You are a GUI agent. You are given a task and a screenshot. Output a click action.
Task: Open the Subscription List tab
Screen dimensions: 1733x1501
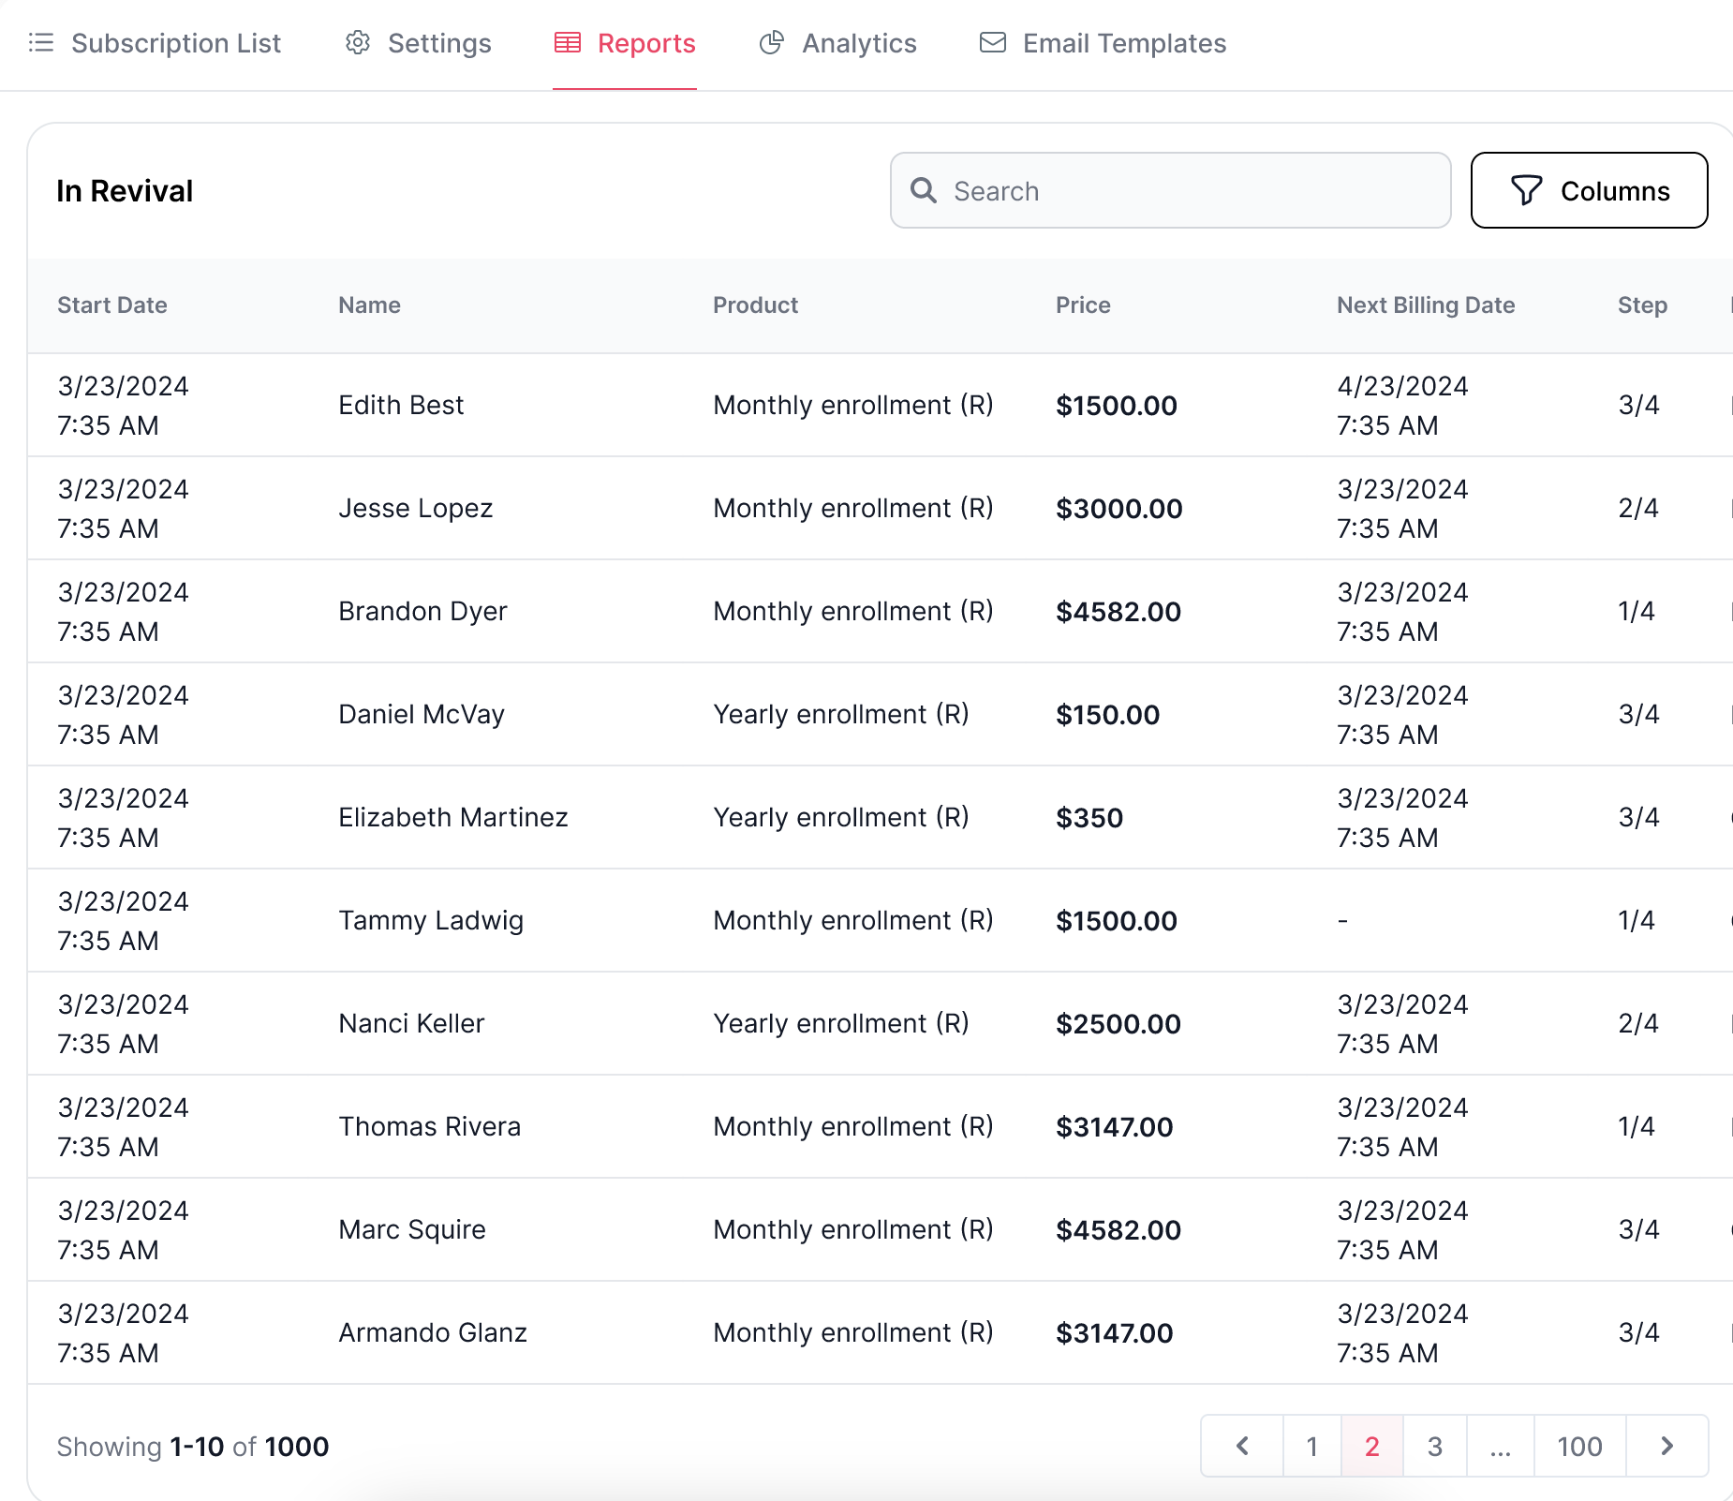click(156, 43)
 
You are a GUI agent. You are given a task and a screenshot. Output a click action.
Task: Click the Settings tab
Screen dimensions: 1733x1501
click(419, 43)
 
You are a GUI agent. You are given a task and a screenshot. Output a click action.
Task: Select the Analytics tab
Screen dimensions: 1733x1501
click(837, 43)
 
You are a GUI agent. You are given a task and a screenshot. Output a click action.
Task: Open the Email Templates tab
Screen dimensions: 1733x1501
click(1103, 43)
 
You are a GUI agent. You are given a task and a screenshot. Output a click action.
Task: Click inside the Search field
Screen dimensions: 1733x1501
click(1171, 190)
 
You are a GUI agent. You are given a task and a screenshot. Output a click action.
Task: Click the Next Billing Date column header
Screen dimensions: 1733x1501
click(1426, 305)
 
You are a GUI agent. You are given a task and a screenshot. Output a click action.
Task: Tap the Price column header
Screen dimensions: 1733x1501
click(1083, 305)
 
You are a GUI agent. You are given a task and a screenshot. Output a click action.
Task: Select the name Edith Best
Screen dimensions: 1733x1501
click(401, 405)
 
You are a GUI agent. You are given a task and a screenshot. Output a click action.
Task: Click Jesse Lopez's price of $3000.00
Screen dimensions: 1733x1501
click(1119, 509)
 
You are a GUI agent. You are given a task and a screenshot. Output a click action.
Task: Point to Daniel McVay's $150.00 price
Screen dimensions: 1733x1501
click(1108, 715)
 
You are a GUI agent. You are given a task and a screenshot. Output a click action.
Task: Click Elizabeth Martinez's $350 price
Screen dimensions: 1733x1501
click(1089, 818)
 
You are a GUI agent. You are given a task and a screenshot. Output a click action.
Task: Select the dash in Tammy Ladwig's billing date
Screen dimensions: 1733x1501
click(1343, 921)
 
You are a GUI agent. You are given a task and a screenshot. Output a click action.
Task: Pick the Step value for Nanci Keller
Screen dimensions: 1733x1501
click(1638, 1023)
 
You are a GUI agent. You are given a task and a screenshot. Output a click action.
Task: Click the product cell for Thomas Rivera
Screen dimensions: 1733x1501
click(853, 1126)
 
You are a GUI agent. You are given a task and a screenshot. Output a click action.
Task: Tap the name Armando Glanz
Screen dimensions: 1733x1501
click(433, 1332)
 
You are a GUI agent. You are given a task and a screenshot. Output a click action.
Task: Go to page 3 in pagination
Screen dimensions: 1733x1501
click(1435, 1446)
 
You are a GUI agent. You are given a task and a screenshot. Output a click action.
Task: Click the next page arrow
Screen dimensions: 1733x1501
click(1667, 1446)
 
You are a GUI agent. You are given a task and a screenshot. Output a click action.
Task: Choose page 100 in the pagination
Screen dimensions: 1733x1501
click(1580, 1446)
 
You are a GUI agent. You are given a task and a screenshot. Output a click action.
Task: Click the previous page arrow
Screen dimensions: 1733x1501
click(1242, 1446)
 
